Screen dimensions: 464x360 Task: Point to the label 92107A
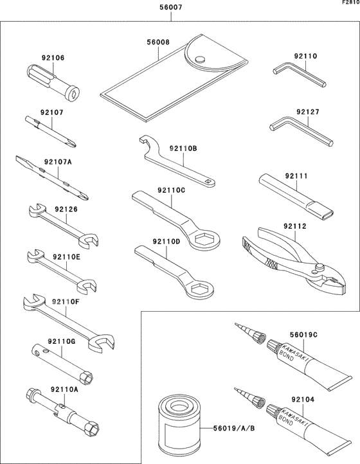58,162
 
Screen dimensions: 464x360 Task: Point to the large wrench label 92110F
66,301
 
